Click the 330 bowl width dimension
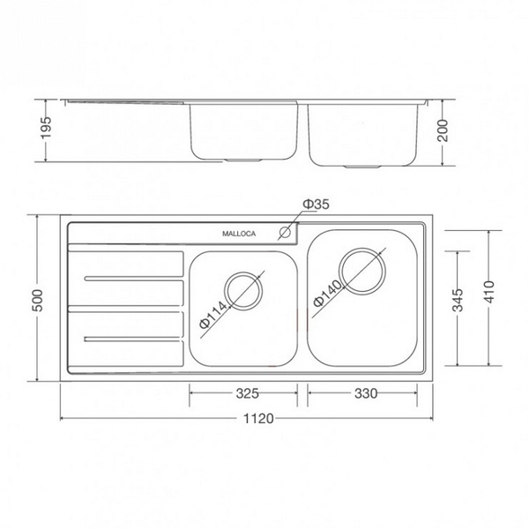point(362,391)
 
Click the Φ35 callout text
point(315,205)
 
